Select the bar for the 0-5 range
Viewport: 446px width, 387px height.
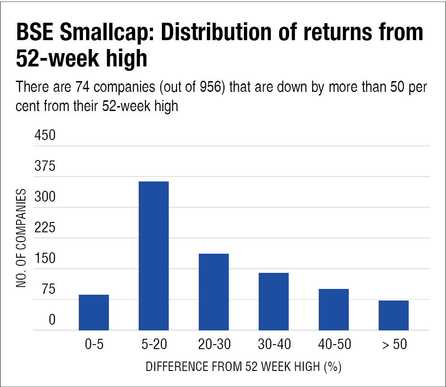[x=94, y=312]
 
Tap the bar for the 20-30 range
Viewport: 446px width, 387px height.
[x=214, y=292]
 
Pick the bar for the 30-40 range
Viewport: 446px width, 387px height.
[x=273, y=301]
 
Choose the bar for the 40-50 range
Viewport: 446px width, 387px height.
[x=334, y=309]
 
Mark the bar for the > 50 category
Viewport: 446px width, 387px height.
[x=393, y=315]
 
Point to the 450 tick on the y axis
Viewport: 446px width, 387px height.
[x=45, y=135]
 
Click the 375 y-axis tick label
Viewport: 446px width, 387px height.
[x=45, y=166]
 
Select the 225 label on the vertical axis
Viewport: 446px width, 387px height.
[x=45, y=228]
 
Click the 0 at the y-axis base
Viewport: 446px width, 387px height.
[x=52, y=320]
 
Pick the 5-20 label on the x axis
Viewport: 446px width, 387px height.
[x=153, y=345]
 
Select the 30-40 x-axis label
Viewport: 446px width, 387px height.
[x=273, y=345]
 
